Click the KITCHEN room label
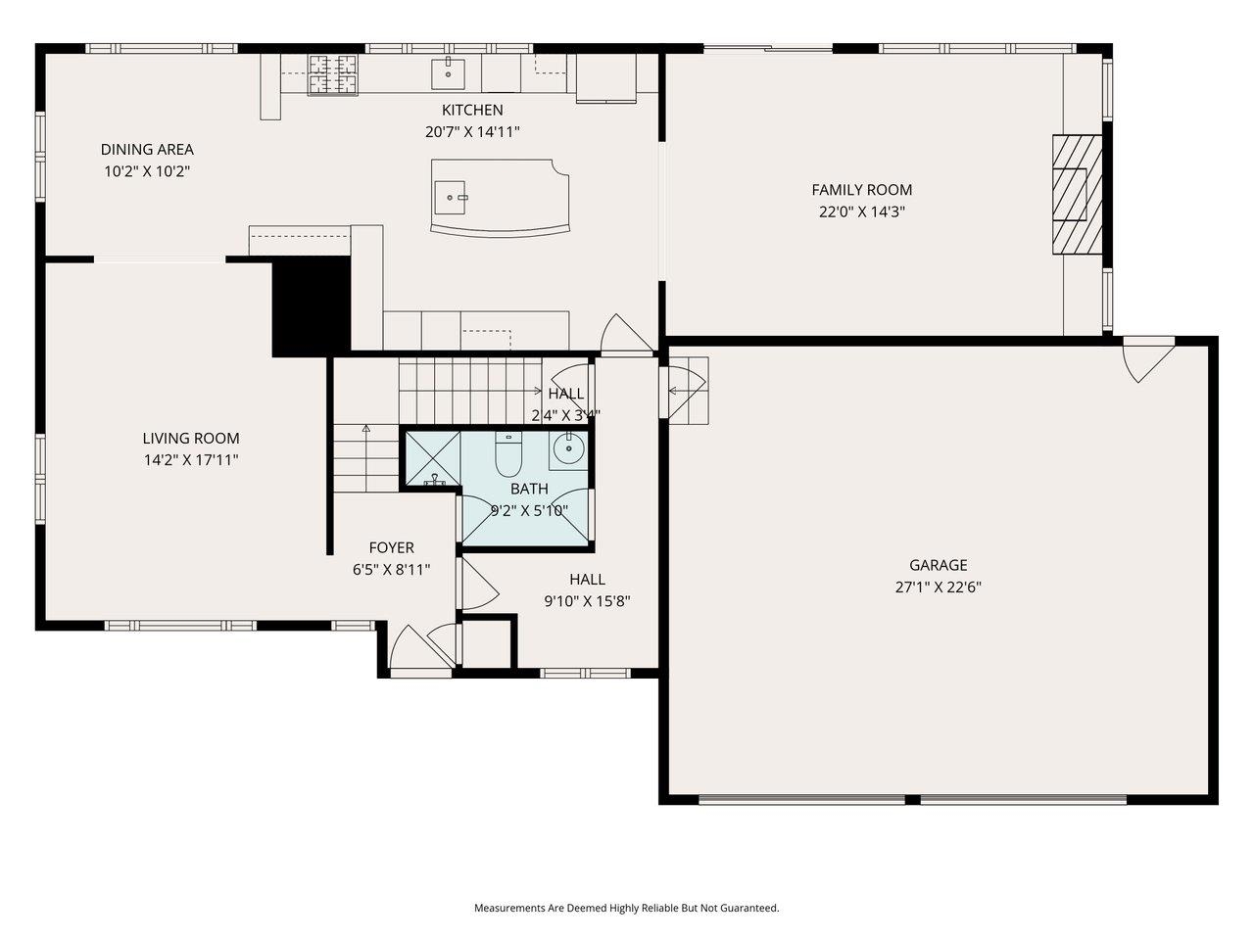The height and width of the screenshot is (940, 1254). click(x=472, y=110)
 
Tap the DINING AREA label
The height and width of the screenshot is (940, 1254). click(x=147, y=150)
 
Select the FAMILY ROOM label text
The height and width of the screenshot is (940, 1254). click(x=861, y=190)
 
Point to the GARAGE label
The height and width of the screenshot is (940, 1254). click(x=938, y=565)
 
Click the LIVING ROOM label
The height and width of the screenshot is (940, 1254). click(x=191, y=439)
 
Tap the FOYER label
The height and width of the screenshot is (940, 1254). click(x=391, y=548)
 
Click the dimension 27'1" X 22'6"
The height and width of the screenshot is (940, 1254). click(x=938, y=587)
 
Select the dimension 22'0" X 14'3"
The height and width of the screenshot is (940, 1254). click(x=861, y=211)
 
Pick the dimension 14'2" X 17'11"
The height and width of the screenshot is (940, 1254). click(x=191, y=460)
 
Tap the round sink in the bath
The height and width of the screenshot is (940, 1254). click(x=568, y=449)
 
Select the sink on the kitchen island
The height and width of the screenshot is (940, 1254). click(x=452, y=198)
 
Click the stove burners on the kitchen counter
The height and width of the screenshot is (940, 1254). click(x=333, y=74)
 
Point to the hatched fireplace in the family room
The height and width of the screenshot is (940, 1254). click(x=1076, y=193)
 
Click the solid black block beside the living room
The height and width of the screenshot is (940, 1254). click(x=311, y=307)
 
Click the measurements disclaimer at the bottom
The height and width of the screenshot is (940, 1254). click(x=627, y=909)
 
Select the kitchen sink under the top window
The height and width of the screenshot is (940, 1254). click(x=449, y=70)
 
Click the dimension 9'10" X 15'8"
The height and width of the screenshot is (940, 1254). click(x=587, y=601)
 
